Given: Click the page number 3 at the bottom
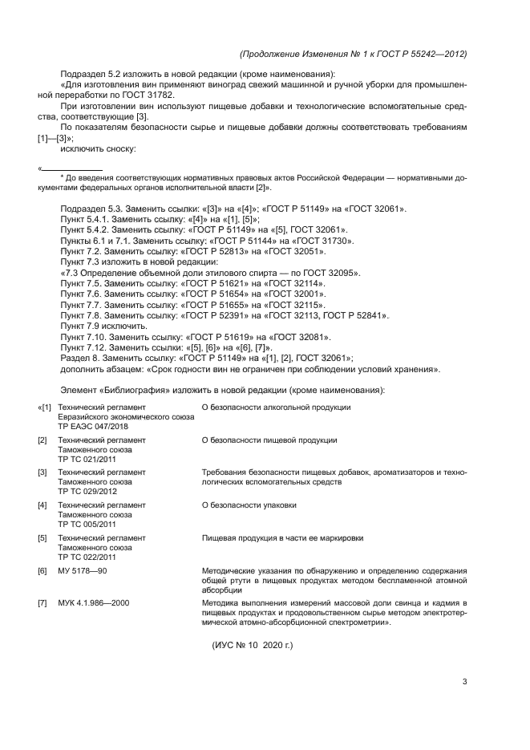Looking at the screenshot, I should [464, 683].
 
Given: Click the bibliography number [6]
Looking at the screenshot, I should [42, 570].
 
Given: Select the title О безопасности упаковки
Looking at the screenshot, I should [249, 505].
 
